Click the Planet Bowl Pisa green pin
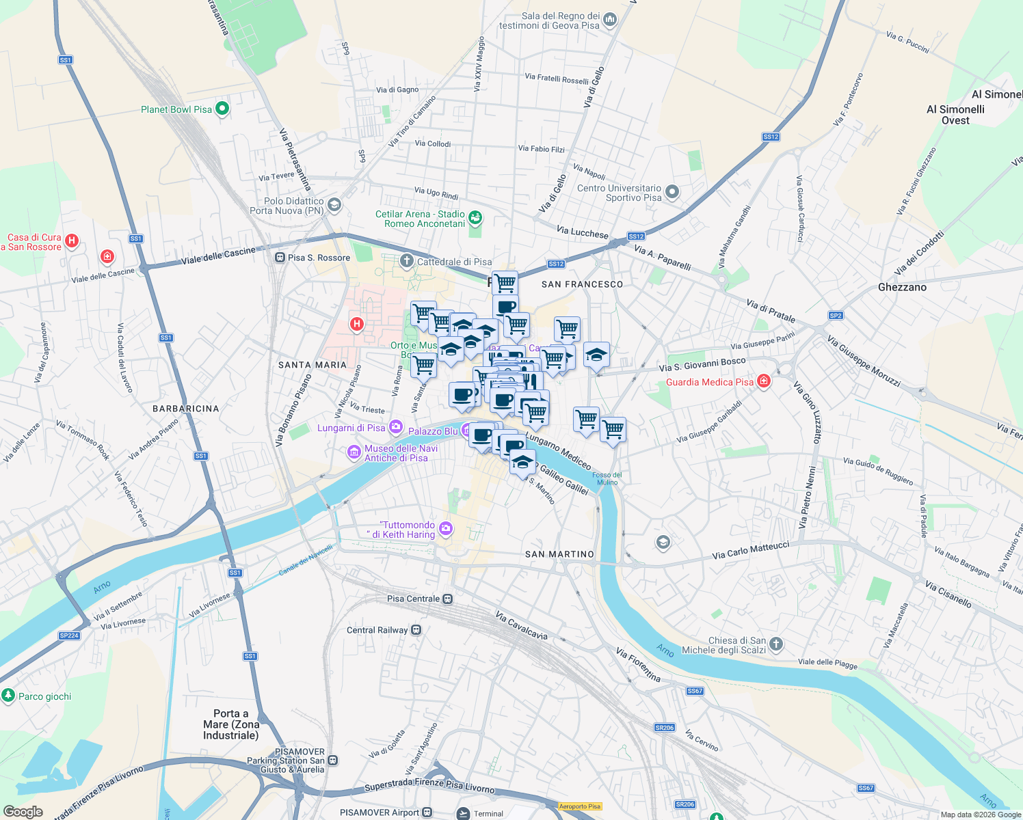point(222,109)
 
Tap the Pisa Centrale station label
point(413,599)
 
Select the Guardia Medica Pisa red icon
point(764,381)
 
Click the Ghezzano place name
point(902,287)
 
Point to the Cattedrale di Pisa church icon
point(407,261)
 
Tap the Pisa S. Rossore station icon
point(280,258)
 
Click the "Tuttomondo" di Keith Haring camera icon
point(446,528)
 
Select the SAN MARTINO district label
point(559,554)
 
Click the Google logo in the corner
point(23,811)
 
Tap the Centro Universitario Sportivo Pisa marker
point(672,192)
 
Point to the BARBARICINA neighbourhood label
point(185,409)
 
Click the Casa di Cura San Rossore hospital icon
point(72,241)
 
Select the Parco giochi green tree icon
point(8,696)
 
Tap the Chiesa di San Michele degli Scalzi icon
point(775,644)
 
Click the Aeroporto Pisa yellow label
point(580,806)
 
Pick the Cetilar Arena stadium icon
point(475,218)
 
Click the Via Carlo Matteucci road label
point(750,551)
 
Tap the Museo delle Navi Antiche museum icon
point(354,452)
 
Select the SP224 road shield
point(69,635)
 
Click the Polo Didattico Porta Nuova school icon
point(334,204)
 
